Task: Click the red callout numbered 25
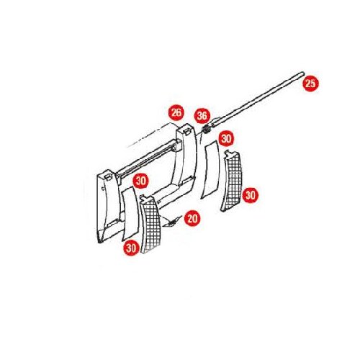coord(310,84)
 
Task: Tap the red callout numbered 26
coord(176,112)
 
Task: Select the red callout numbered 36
coord(202,116)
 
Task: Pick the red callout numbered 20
coord(192,219)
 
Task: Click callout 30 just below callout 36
coord(226,138)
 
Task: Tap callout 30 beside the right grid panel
coord(251,195)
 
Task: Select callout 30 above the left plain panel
coord(141,181)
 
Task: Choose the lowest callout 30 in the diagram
coord(131,248)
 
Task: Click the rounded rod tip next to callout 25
coord(302,73)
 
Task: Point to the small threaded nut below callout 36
coord(207,130)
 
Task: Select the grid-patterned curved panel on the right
coord(231,181)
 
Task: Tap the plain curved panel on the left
coord(130,214)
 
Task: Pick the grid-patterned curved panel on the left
coord(150,225)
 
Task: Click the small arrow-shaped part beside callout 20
coord(172,222)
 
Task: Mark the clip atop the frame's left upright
coord(109,177)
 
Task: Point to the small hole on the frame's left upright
coord(103,189)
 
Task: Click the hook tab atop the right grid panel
coord(228,153)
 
